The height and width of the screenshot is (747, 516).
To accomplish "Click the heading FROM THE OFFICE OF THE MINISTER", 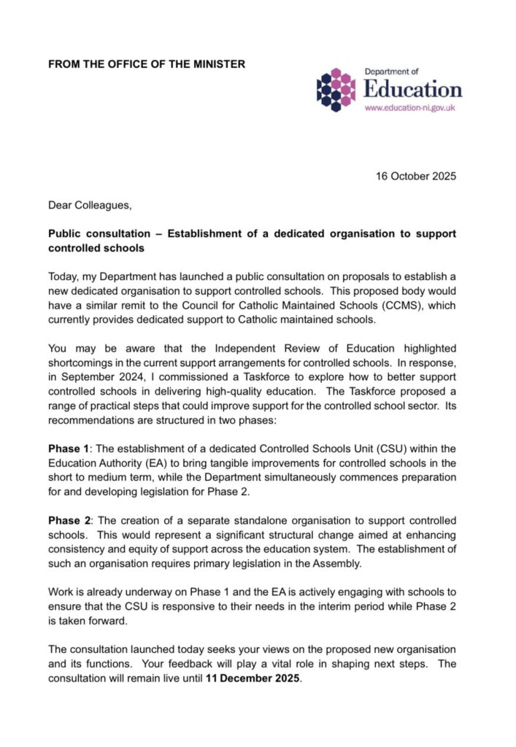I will point(147,64).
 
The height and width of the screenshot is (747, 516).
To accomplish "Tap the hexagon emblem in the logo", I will point(336,90).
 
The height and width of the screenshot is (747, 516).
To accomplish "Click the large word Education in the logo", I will point(412,90).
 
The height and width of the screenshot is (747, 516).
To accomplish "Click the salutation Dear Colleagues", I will point(90,206).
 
